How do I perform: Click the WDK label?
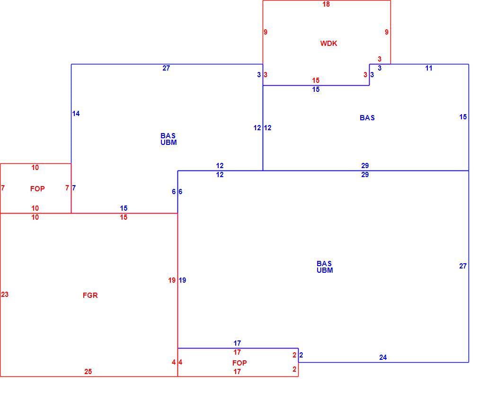[328, 43]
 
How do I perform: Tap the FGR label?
[90, 295]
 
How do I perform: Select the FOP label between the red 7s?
[37, 189]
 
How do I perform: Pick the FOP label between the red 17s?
[239, 363]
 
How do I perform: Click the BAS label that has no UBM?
[367, 118]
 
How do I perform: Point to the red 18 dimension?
[326, 4]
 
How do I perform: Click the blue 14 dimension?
[76, 114]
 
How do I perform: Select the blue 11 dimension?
[429, 68]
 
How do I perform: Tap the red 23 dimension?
[5, 295]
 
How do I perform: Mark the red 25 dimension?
[88, 372]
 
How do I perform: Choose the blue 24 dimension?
[383, 357]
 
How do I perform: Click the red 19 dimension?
[172, 280]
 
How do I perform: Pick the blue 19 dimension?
[182, 280]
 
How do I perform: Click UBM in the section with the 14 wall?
[168, 143]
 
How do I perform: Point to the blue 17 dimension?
[237, 343]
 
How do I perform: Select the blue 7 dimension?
[74, 188]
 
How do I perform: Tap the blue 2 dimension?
[301, 355]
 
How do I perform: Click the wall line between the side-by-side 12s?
[263, 128]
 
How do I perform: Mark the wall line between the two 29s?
[366, 171]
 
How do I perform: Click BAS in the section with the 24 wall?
[324, 263]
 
